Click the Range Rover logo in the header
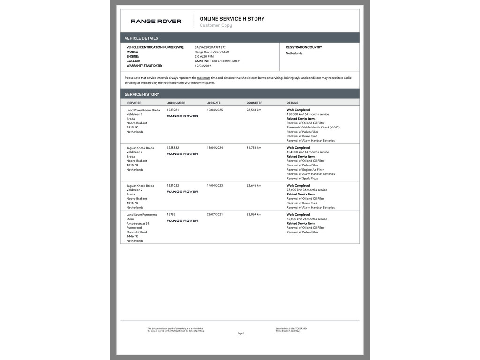[x=156, y=21]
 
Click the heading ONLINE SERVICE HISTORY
[x=232, y=19]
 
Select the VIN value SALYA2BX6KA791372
[x=210, y=47]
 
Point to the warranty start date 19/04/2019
[x=203, y=66]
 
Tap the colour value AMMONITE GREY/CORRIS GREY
[x=217, y=61]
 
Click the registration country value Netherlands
[x=294, y=53]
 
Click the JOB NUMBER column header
[x=176, y=103]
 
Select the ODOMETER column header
[x=255, y=103]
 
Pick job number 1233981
[x=173, y=110]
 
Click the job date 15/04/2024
[x=215, y=148]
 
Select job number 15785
[x=171, y=215]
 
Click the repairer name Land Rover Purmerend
[x=142, y=215]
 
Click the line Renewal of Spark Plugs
[x=302, y=178]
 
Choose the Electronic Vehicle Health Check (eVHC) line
[x=313, y=127]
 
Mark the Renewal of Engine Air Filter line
[x=305, y=170]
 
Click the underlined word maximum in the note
[x=203, y=78]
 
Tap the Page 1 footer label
[x=240, y=333]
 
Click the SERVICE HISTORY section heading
[x=142, y=94]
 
